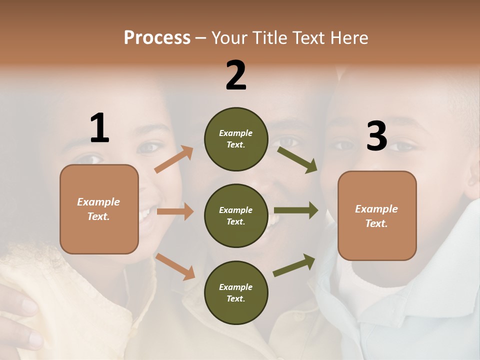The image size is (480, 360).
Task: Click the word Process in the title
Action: [x=157, y=38]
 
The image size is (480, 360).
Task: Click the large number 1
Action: [x=99, y=128]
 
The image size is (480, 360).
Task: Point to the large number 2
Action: [x=236, y=75]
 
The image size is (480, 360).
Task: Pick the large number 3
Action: [x=376, y=136]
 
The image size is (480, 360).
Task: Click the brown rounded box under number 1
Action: [x=99, y=209]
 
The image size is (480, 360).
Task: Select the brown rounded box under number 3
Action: [x=377, y=216]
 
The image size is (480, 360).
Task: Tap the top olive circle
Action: [x=236, y=139]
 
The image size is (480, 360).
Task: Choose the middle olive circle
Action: [x=236, y=215]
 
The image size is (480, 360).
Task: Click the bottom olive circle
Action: [x=236, y=292]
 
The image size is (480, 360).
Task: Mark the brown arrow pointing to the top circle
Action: [x=174, y=159]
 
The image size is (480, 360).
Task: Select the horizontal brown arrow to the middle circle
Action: [x=175, y=211]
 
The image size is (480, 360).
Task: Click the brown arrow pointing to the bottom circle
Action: [x=175, y=266]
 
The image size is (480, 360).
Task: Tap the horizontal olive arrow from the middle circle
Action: [x=296, y=210]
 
